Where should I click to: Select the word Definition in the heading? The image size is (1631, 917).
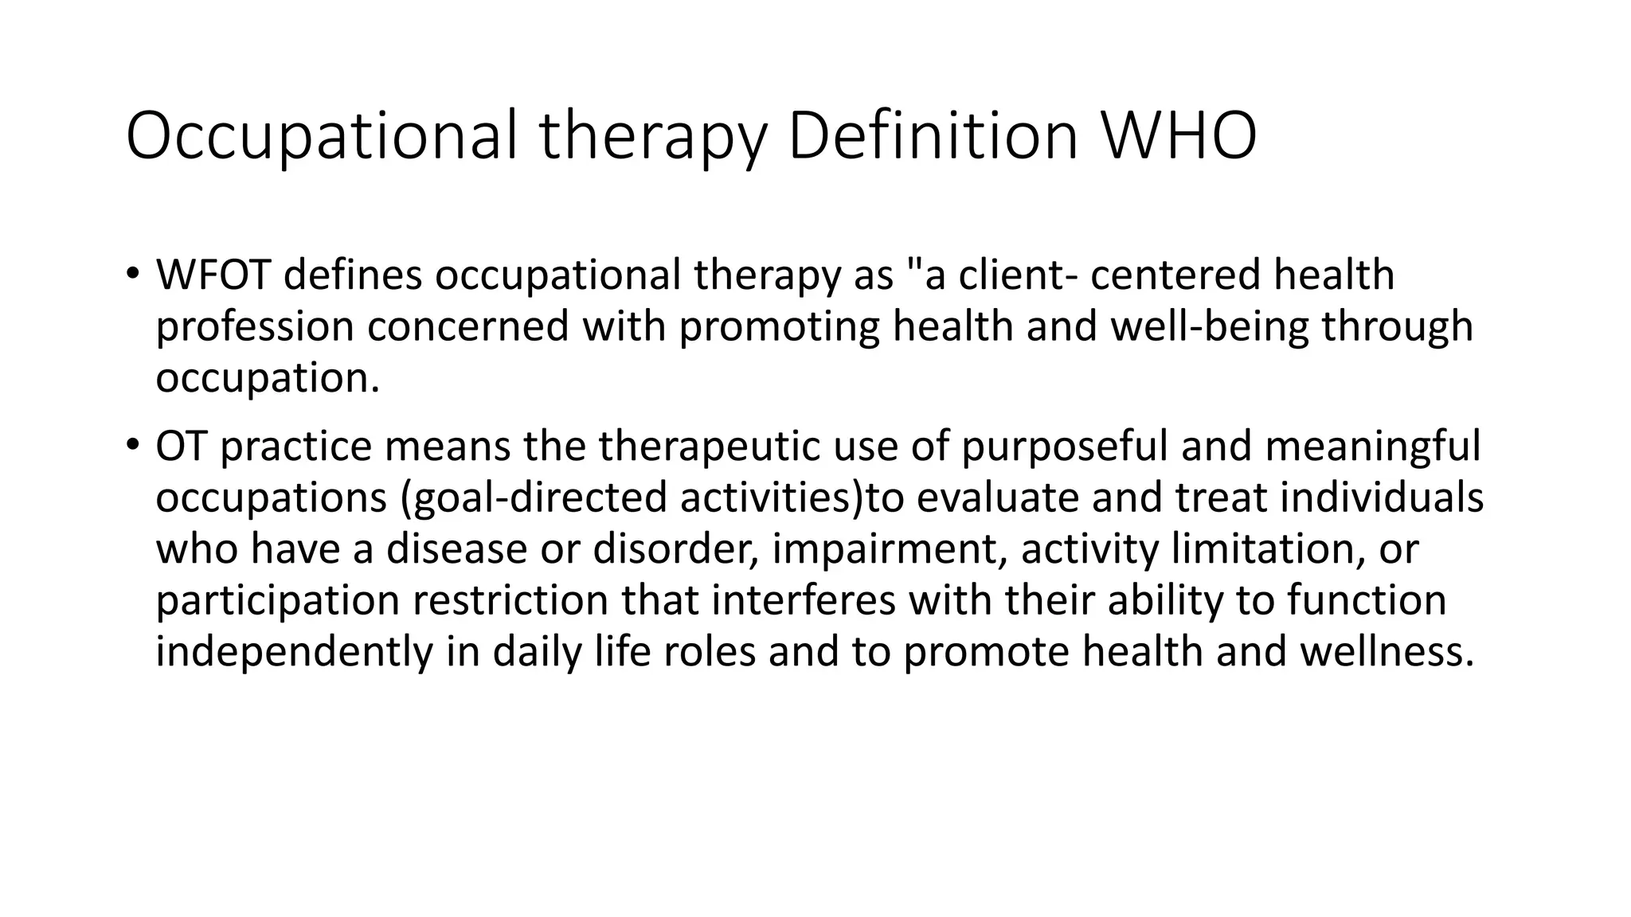coord(932,136)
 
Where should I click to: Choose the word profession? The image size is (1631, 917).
coord(254,327)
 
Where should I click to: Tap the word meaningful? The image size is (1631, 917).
coord(1372,446)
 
